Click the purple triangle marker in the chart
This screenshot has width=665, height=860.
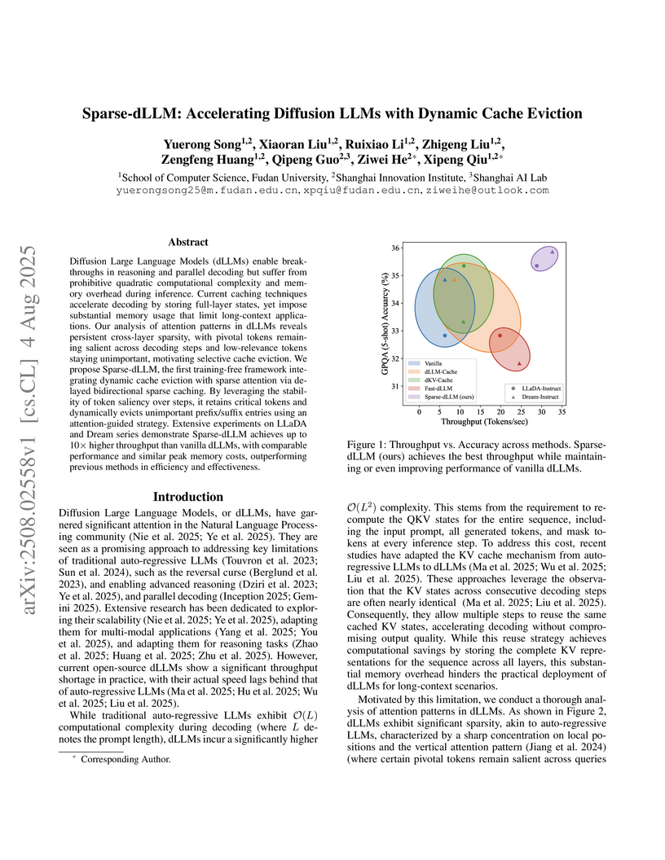[x=553, y=252]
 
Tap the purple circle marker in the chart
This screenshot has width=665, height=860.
[x=537, y=265]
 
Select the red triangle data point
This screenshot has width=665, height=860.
[x=519, y=363]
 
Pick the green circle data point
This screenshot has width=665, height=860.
[x=464, y=265]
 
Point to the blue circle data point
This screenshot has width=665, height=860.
[x=444, y=336]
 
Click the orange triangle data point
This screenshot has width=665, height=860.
[x=455, y=279]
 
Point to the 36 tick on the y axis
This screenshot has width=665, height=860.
[x=395, y=248]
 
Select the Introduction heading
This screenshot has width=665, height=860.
[x=189, y=497]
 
